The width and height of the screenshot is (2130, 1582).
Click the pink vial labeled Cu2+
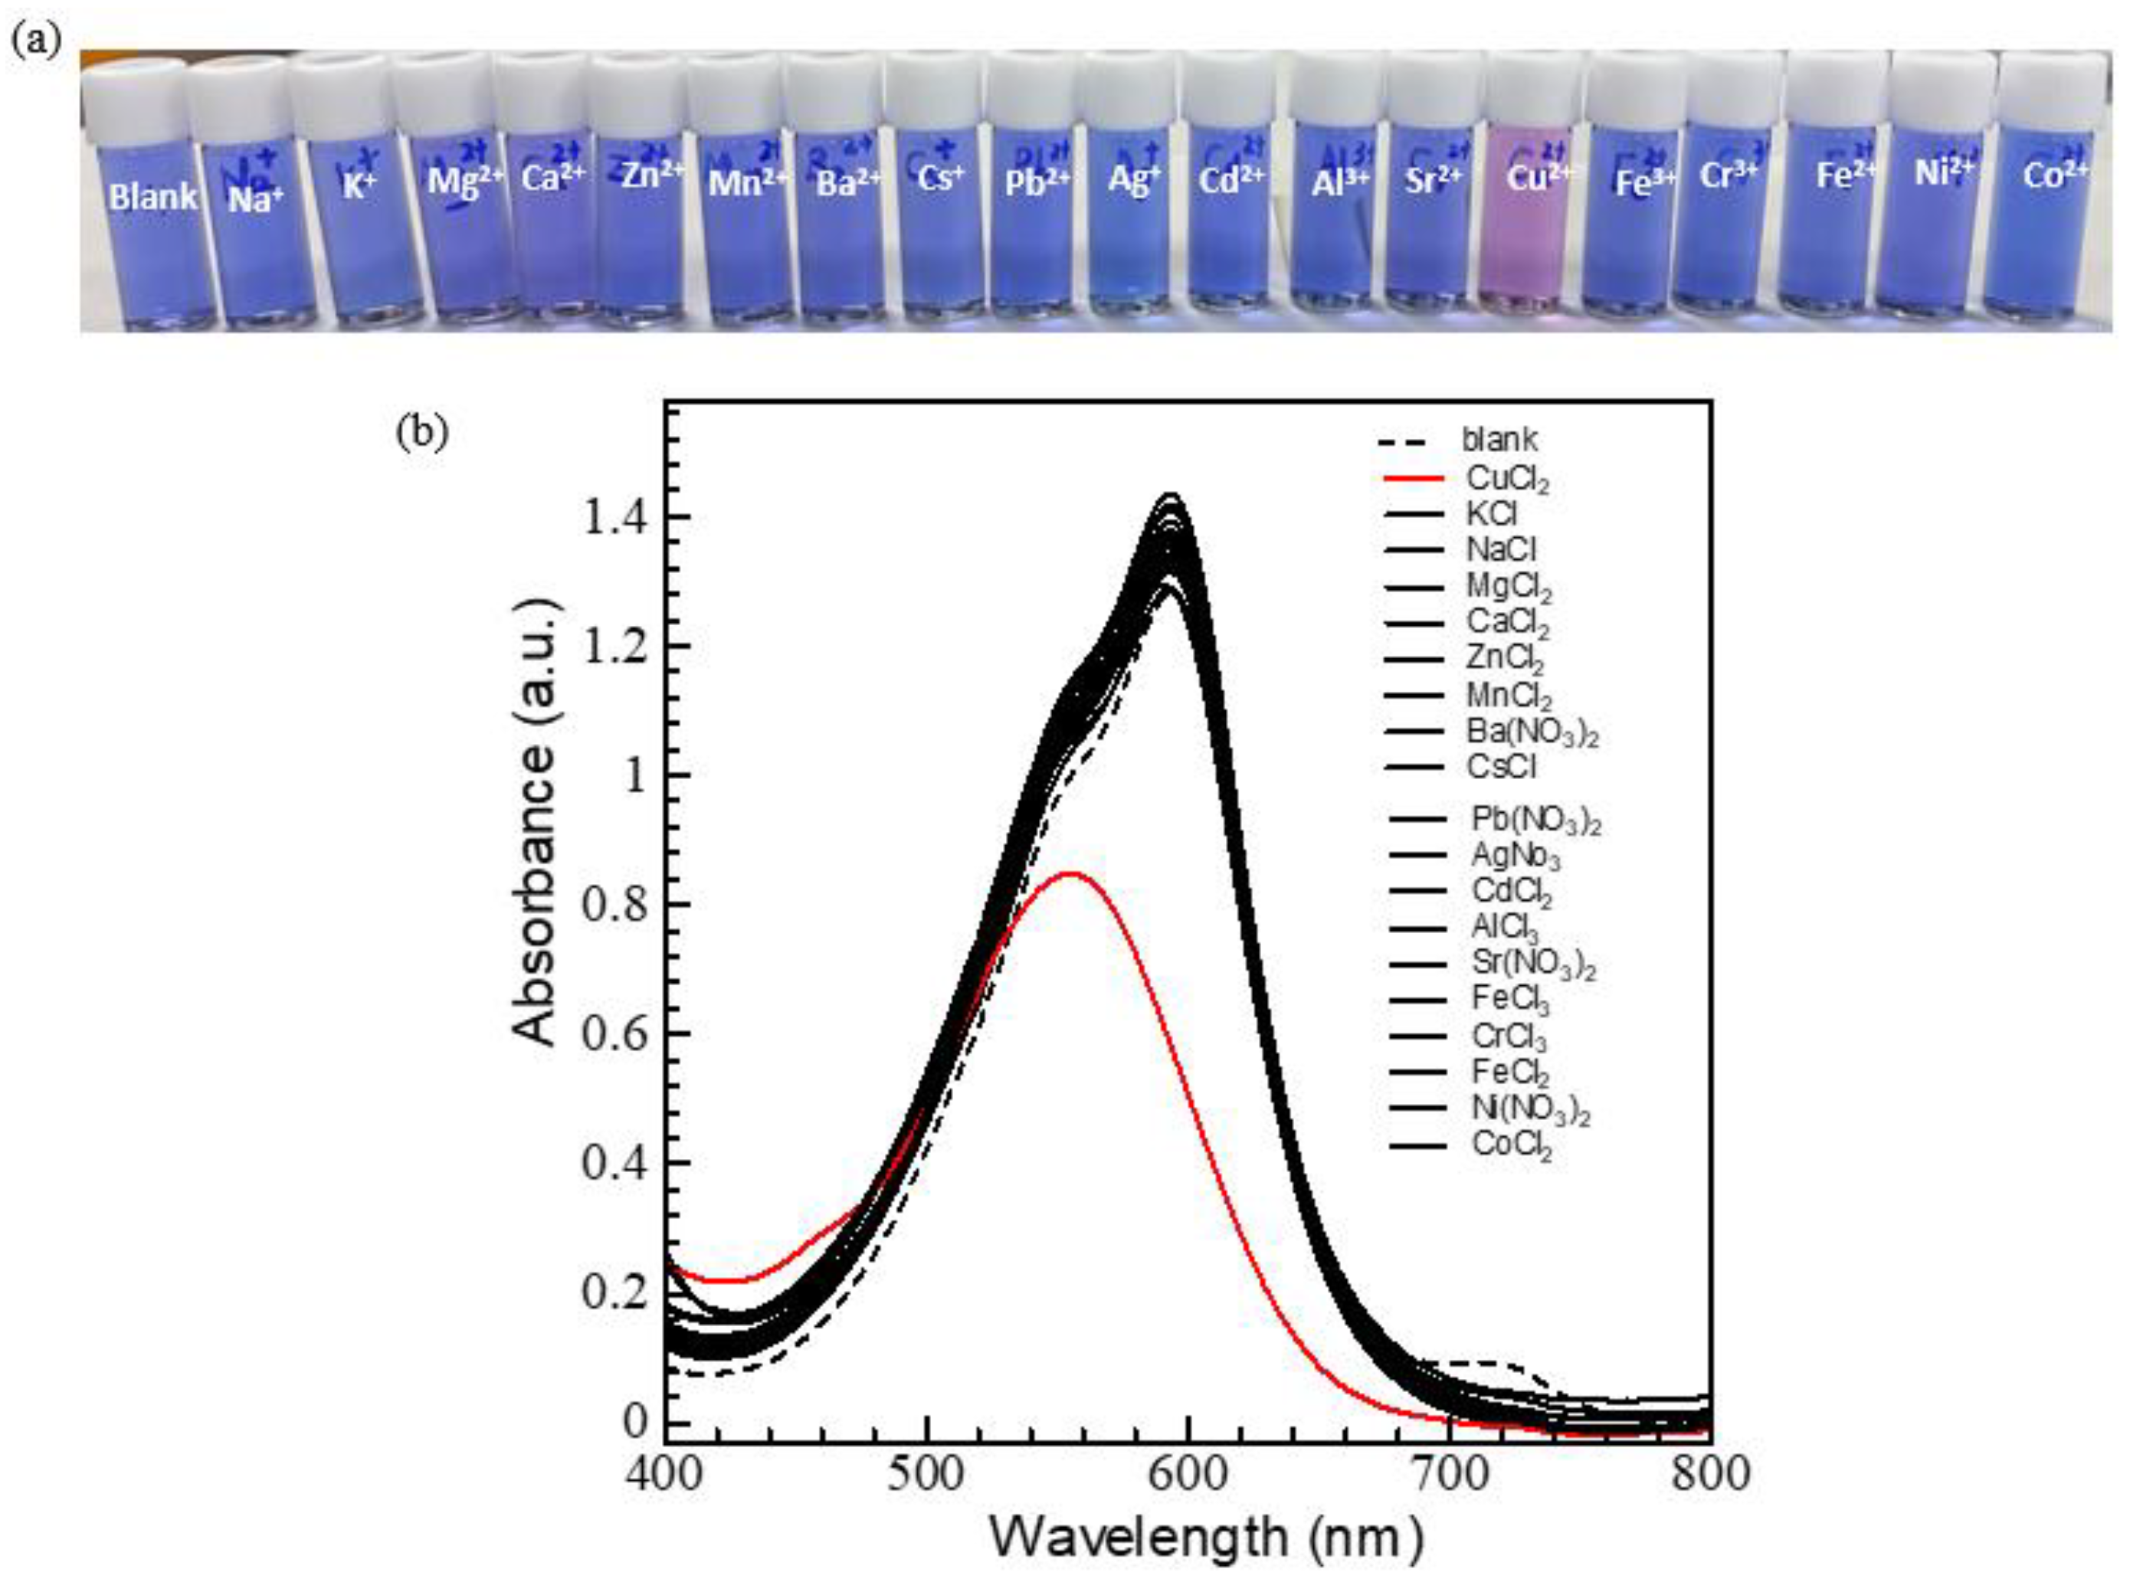click(x=1529, y=230)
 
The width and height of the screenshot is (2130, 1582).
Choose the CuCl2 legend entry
click(x=1506, y=478)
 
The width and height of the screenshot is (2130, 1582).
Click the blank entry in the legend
click(x=1498, y=441)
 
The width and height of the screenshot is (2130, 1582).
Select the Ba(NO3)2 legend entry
click(x=1532, y=732)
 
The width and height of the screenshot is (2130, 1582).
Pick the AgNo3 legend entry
click(x=1516, y=854)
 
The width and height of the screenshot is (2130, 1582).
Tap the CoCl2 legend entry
click(x=1510, y=1146)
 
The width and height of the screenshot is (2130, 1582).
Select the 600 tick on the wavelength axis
click(x=1188, y=1474)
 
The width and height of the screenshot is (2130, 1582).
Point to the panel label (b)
click(x=421, y=432)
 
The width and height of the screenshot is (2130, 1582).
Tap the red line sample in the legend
click(x=1413, y=478)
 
